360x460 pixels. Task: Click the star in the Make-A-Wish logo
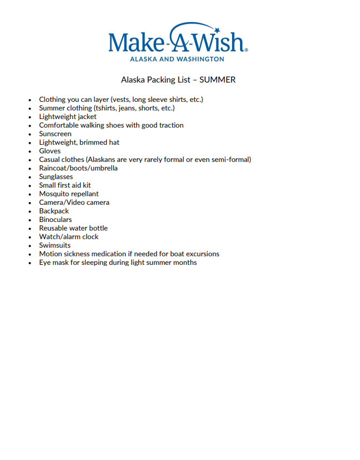pyautogui.click(x=219, y=29)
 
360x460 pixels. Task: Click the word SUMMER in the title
pyautogui.click(x=217, y=80)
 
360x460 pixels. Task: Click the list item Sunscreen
pyautogui.click(x=55, y=134)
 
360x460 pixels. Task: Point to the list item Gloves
pyautogui.click(x=50, y=151)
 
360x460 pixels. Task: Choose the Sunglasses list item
pyautogui.click(x=56, y=177)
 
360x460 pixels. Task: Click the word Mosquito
pyautogui.click(x=54, y=194)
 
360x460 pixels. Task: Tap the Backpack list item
pyautogui.click(x=54, y=211)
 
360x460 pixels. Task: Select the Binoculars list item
pyautogui.click(x=55, y=220)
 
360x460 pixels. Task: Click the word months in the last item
pyautogui.click(x=185, y=263)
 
